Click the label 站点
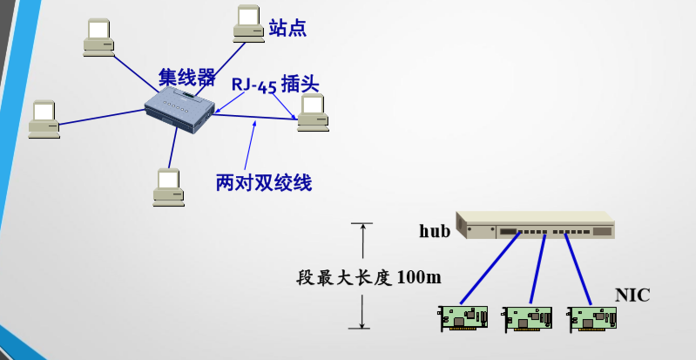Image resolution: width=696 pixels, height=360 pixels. coord(287,28)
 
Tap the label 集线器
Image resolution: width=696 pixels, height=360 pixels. coord(186,78)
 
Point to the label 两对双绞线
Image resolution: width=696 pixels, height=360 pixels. coord(263,183)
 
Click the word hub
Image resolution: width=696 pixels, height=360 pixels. coord(435,231)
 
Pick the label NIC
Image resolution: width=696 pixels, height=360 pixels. coord(632,295)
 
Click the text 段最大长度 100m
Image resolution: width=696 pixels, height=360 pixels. coord(368,277)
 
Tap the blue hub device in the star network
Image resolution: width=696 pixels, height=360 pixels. coord(179,110)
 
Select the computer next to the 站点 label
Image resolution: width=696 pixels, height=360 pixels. coord(248,24)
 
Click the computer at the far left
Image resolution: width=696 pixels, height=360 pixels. coord(44,119)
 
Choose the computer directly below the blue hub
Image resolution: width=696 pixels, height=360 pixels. coord(168,187)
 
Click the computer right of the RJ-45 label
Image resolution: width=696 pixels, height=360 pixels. coord(313,112)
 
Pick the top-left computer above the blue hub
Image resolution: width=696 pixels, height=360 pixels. coord(98,37)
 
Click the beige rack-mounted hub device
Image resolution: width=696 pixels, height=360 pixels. coord(536,225)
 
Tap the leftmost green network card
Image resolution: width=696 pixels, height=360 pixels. coord(463,317)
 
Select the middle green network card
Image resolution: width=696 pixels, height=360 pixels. coord(527,318)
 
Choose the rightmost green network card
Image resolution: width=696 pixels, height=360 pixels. coord(592,318)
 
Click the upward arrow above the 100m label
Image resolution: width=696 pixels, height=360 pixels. coord(361,237)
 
